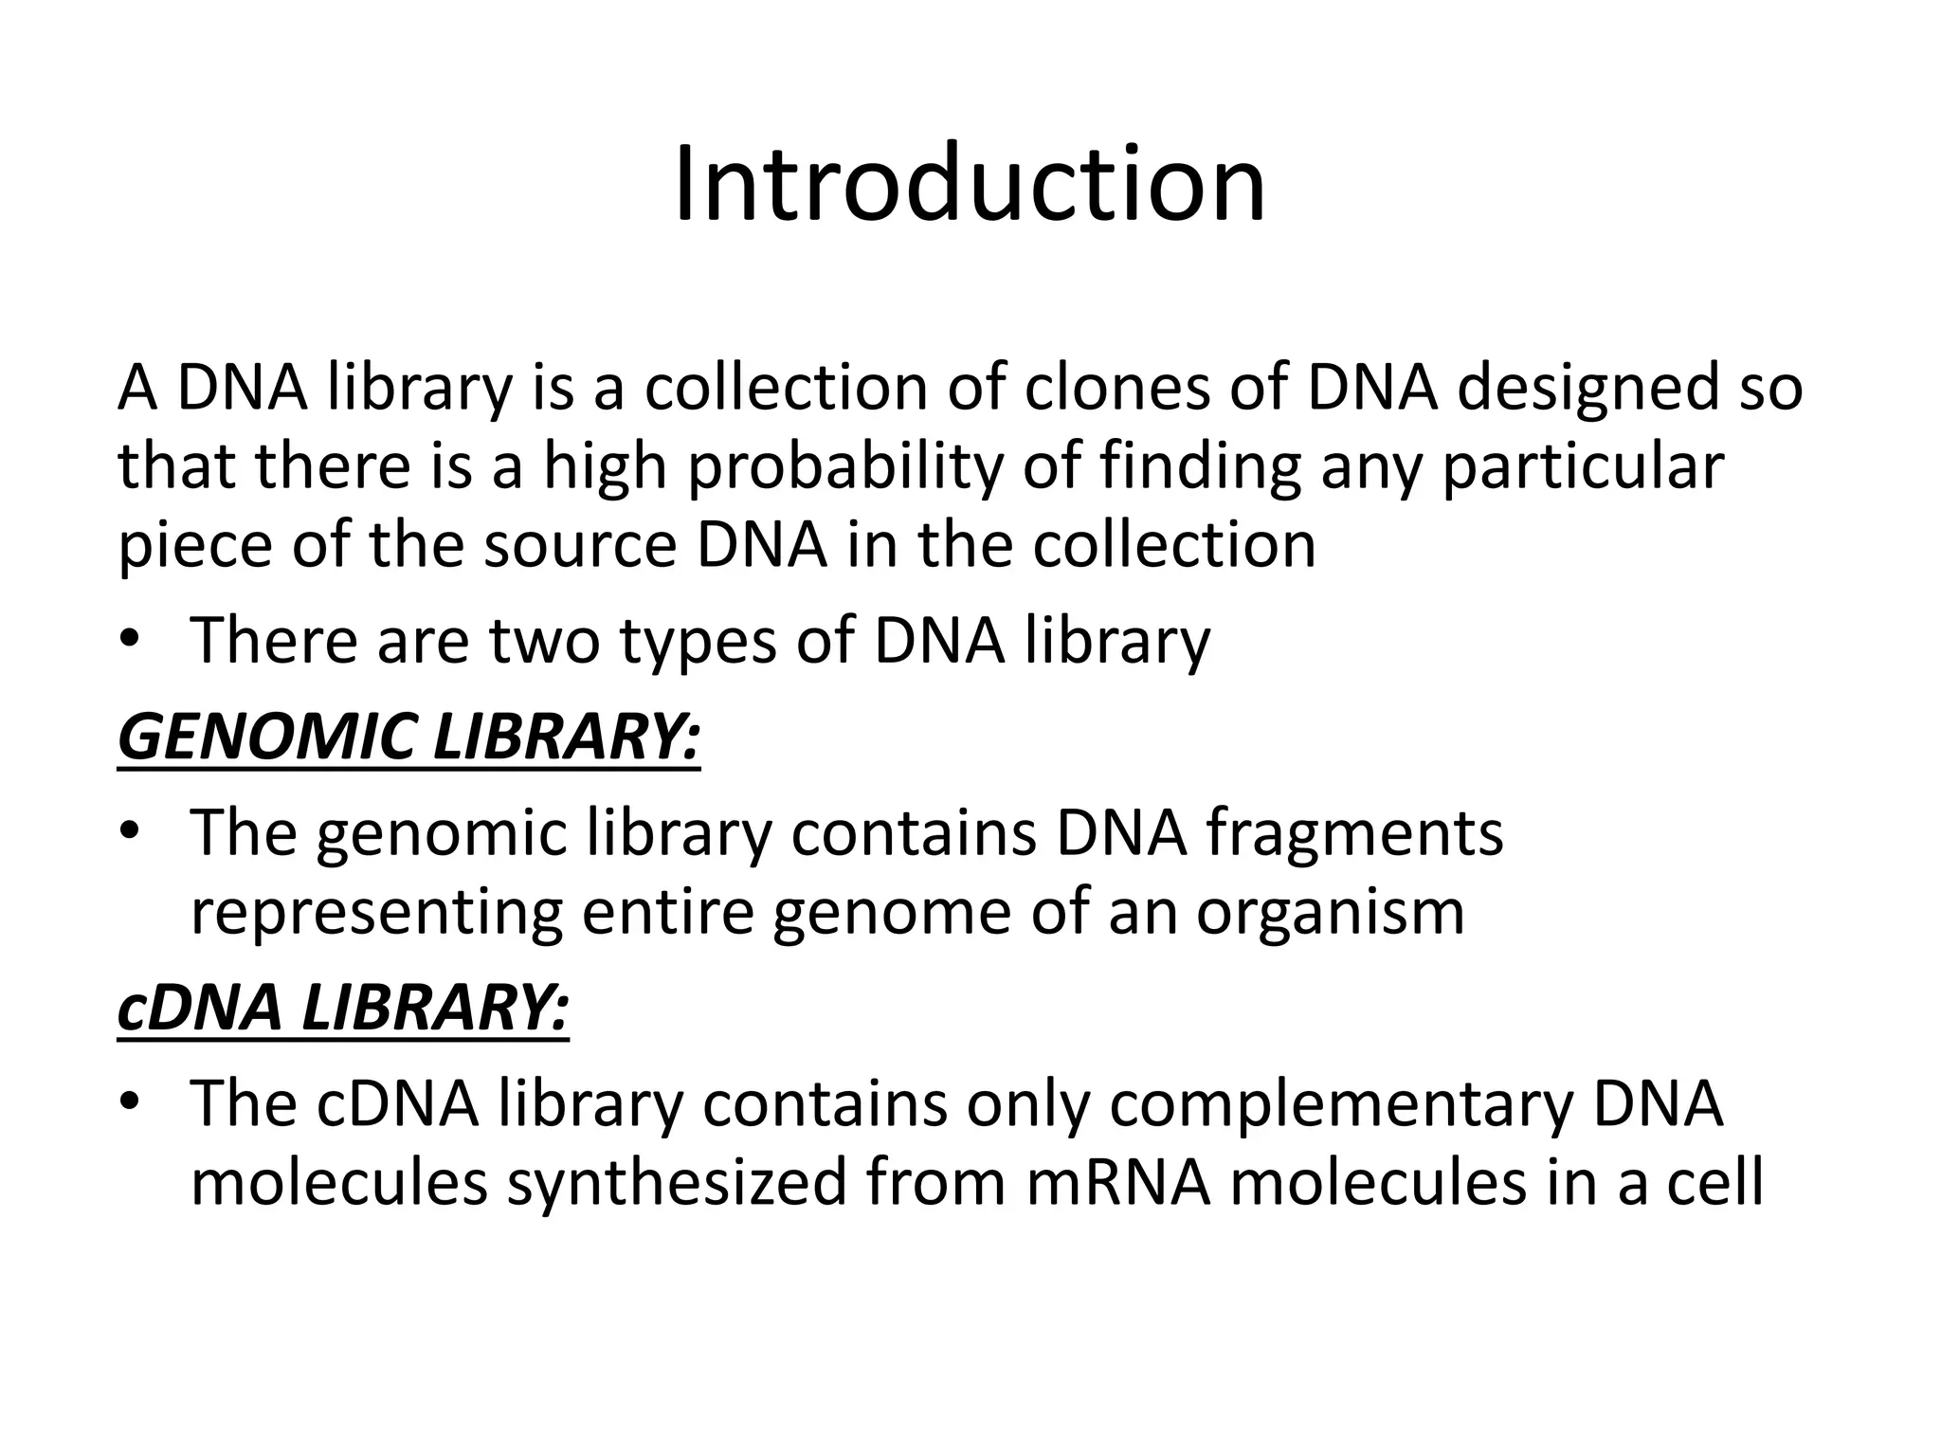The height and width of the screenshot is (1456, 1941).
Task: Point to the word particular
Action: point(1582,468)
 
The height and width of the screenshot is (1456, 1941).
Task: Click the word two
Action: point(544,641)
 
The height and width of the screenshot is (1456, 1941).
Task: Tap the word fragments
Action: point(1354,834)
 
